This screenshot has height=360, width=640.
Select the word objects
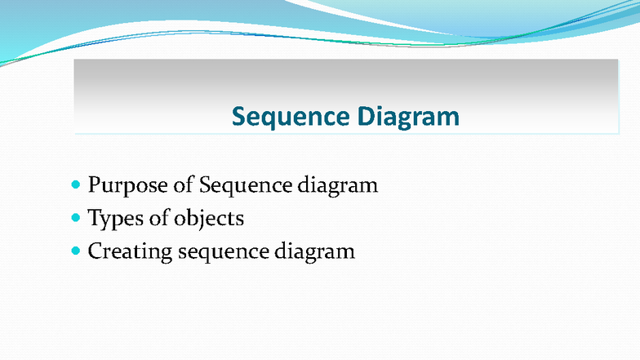(x=208, y=219)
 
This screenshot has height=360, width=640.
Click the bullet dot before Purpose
(x=77, y=185)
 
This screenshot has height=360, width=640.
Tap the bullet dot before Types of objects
(x=77, y=218)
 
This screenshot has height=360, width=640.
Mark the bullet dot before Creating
(x=77, y=251)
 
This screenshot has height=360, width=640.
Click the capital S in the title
(x=238, y=117)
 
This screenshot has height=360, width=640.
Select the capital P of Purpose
(x=95, y=185)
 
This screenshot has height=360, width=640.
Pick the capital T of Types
(x=94, y=218)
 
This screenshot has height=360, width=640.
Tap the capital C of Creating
(x=96, y=251)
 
